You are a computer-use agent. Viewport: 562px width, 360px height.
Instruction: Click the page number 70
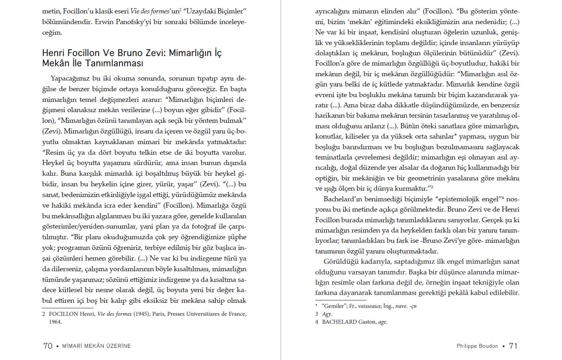tap(48, 346)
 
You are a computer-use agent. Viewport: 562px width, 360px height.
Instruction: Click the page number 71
tap(513, 346)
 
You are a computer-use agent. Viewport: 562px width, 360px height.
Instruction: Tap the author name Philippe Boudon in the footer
tap(477, 346)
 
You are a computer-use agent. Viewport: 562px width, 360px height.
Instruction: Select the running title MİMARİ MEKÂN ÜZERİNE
tap(96, 346)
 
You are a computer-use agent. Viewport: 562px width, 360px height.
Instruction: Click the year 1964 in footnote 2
tap(55, 322)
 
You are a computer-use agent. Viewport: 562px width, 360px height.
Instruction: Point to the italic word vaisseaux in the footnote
tap(369, 306)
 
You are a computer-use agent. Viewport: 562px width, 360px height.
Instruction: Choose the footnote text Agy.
tap(327, 314)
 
